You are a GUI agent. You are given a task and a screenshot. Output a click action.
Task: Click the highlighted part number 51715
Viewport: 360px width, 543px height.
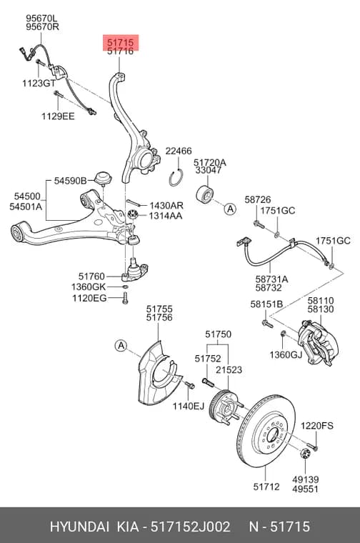(120, 43)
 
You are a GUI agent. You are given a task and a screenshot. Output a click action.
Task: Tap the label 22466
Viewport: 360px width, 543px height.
(179, 151)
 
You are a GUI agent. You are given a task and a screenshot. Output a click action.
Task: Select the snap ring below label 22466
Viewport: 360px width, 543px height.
(177, 177)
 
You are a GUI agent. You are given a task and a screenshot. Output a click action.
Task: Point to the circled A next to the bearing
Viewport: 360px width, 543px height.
(230, 209)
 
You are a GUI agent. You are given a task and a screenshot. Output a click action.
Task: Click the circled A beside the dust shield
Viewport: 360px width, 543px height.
(121, 345)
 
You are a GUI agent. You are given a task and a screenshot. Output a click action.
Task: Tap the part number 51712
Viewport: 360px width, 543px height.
(266, 487)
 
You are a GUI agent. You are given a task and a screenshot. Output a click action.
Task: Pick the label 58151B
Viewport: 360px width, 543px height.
(266, 304)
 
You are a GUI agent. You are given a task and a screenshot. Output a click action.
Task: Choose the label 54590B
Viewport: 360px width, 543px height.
(70, 181)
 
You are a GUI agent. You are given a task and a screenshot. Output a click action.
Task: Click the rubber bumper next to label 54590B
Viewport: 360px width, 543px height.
(103, 178)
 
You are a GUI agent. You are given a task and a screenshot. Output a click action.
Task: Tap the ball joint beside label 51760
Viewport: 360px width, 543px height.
(135, 269)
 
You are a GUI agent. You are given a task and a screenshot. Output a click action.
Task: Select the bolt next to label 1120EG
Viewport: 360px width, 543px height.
(125, 298)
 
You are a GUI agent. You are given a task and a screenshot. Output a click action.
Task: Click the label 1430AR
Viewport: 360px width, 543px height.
(166, 206)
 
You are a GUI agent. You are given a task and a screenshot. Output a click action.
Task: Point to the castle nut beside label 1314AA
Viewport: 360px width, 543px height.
(133, 214)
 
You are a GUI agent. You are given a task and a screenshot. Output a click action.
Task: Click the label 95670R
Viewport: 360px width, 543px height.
(43, 26)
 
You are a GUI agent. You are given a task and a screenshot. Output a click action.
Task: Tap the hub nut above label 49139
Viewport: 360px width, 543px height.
(305, 453)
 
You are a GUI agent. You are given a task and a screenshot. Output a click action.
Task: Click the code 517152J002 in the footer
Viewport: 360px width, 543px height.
(190, 527)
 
